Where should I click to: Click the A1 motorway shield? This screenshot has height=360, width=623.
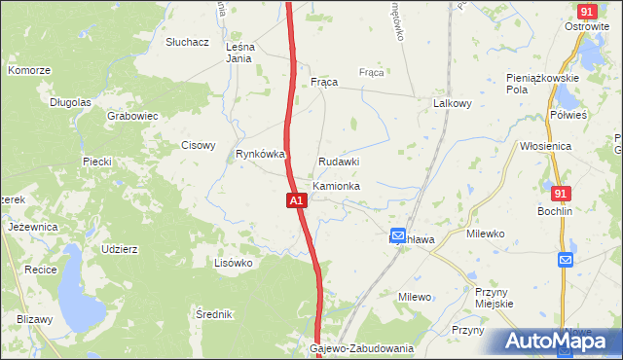pos(298,200)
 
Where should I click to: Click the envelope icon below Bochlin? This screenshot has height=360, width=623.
pos(566,260)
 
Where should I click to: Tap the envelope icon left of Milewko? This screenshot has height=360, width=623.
pos(397,235)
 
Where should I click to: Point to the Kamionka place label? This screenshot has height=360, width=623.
pos(337,185)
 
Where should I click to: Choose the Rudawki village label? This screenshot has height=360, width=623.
pos(339,162)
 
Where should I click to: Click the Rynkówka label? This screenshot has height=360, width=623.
pos(260,154)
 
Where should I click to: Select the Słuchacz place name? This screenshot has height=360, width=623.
pos(188,43)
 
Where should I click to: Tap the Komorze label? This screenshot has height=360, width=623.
pos(28,71)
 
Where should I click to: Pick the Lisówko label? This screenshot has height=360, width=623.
pos(234,263)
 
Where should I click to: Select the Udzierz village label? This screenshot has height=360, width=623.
pos(119,249)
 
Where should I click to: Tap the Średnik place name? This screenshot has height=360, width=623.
pos(213,314)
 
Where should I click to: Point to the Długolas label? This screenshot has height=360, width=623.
pos(70,101)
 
